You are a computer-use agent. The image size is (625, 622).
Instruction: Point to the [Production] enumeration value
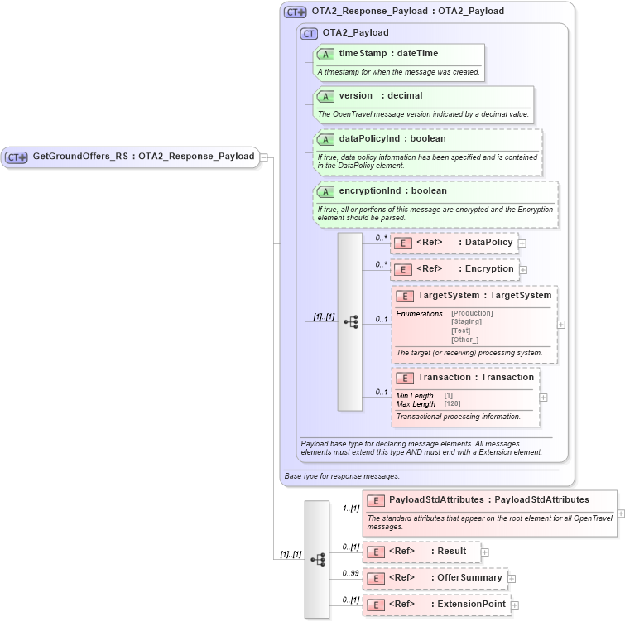(472, 313)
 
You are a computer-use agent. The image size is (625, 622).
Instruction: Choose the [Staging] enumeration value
(467, 321)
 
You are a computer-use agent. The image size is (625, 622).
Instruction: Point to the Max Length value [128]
(453, 404)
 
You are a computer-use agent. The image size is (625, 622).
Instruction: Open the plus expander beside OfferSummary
(512, 579)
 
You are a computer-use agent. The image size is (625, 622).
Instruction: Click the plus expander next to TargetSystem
(561, 325)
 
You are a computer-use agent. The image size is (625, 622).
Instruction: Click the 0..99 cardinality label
(350, 573)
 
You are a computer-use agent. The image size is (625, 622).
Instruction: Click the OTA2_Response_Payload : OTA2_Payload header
(406, 12)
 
